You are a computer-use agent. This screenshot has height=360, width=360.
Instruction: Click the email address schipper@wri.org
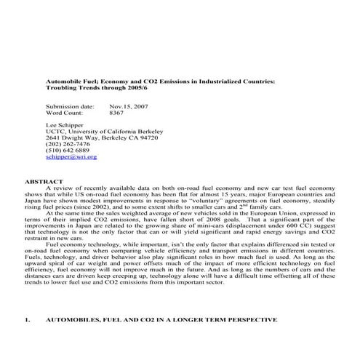71,156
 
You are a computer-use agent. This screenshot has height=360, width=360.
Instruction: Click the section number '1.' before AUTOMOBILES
28,319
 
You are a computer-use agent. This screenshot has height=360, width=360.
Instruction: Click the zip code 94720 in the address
145,135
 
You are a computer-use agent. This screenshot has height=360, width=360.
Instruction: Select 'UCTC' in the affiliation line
55,135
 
